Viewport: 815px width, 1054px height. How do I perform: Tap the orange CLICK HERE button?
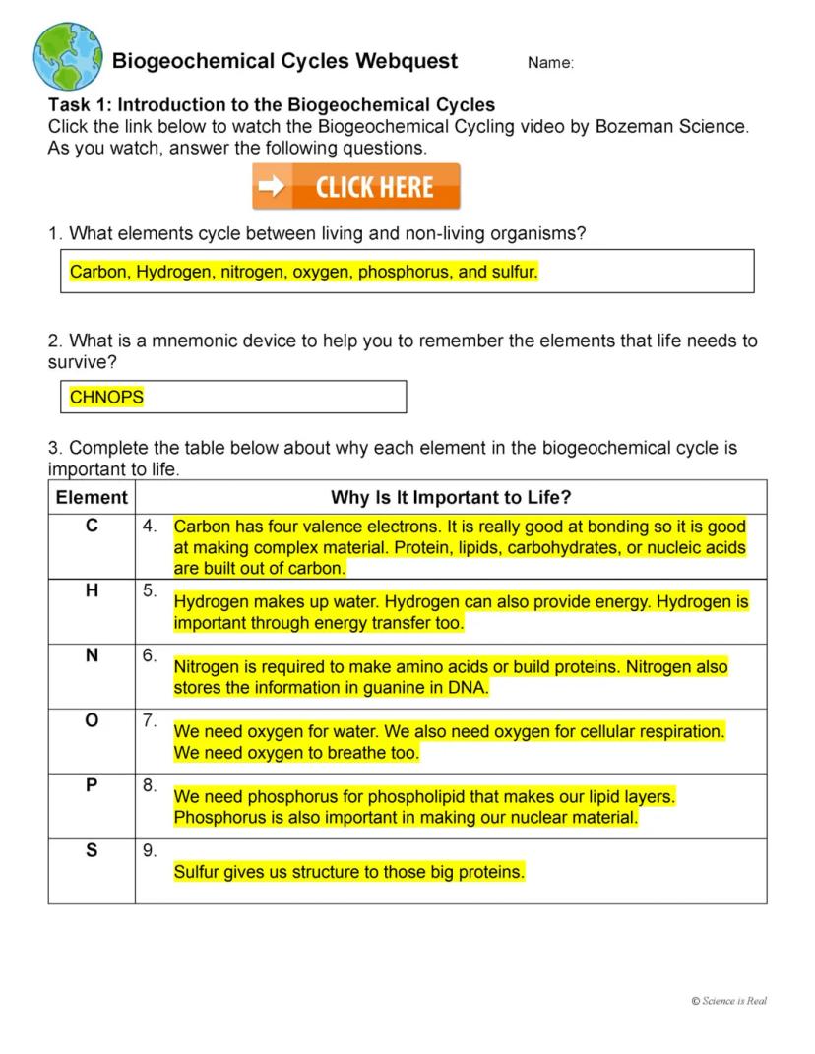click(x=356, y=187)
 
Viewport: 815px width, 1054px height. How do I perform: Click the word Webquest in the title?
click(x=407, y=61)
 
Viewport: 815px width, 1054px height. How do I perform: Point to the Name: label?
click(x=550, y=63)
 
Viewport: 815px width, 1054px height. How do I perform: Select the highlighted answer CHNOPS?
click(x=106, y=397)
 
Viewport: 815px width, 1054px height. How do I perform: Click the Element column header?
click(x=92, y=497)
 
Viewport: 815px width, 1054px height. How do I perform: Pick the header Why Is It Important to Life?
click(x=451, y=497)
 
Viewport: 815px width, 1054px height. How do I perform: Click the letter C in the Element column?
click(x=92, y=527)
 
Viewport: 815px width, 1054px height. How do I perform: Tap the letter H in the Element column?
click(x=92, y=590)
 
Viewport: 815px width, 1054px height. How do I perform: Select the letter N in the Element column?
click(x=92, y=655)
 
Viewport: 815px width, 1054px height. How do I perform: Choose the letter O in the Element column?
click(x=92, y=720)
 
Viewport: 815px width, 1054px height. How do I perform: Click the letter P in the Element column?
click(x=92, y=785)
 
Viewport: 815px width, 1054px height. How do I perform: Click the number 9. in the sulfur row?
click(x=150, y=851)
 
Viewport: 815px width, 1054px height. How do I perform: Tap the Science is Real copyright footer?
click(x=728, y=1001)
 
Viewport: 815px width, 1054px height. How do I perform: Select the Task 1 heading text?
click(x=272, y=104)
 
